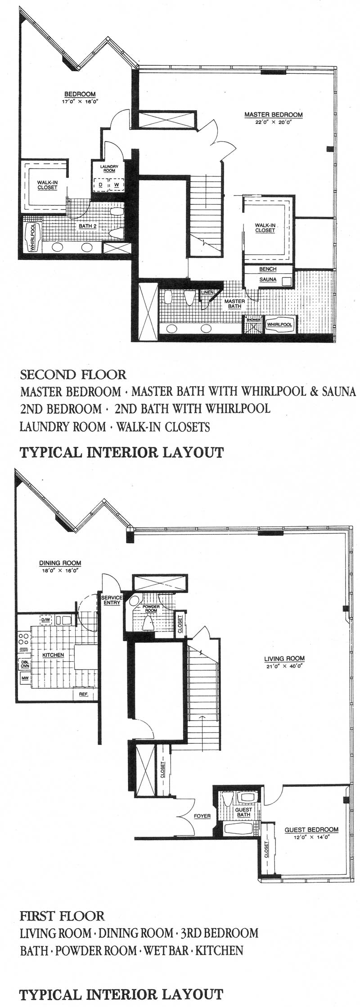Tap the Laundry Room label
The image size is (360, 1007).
point(109,168)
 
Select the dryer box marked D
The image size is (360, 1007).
point(100,185)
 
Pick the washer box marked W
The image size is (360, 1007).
point(117,185)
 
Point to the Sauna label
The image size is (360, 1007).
point(268,280)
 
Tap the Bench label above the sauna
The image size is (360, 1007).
point(268,269)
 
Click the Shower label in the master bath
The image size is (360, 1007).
point(253,320)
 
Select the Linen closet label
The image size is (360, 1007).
point(207,293)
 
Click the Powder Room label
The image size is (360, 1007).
point(151,609)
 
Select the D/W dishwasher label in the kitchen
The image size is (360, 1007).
point(46,620)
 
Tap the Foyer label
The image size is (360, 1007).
point(202,816)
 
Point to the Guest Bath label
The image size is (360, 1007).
point(243,812)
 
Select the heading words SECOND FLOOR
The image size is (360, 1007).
point(73,374)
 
